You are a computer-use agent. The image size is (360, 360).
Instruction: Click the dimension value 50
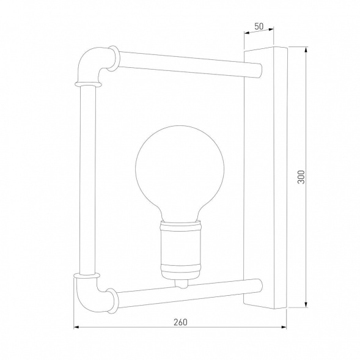(x=259, y=26)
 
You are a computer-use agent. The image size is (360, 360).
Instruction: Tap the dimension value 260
(x=180, y=321)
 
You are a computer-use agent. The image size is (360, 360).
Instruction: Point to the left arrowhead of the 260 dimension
(x=76, y=328)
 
